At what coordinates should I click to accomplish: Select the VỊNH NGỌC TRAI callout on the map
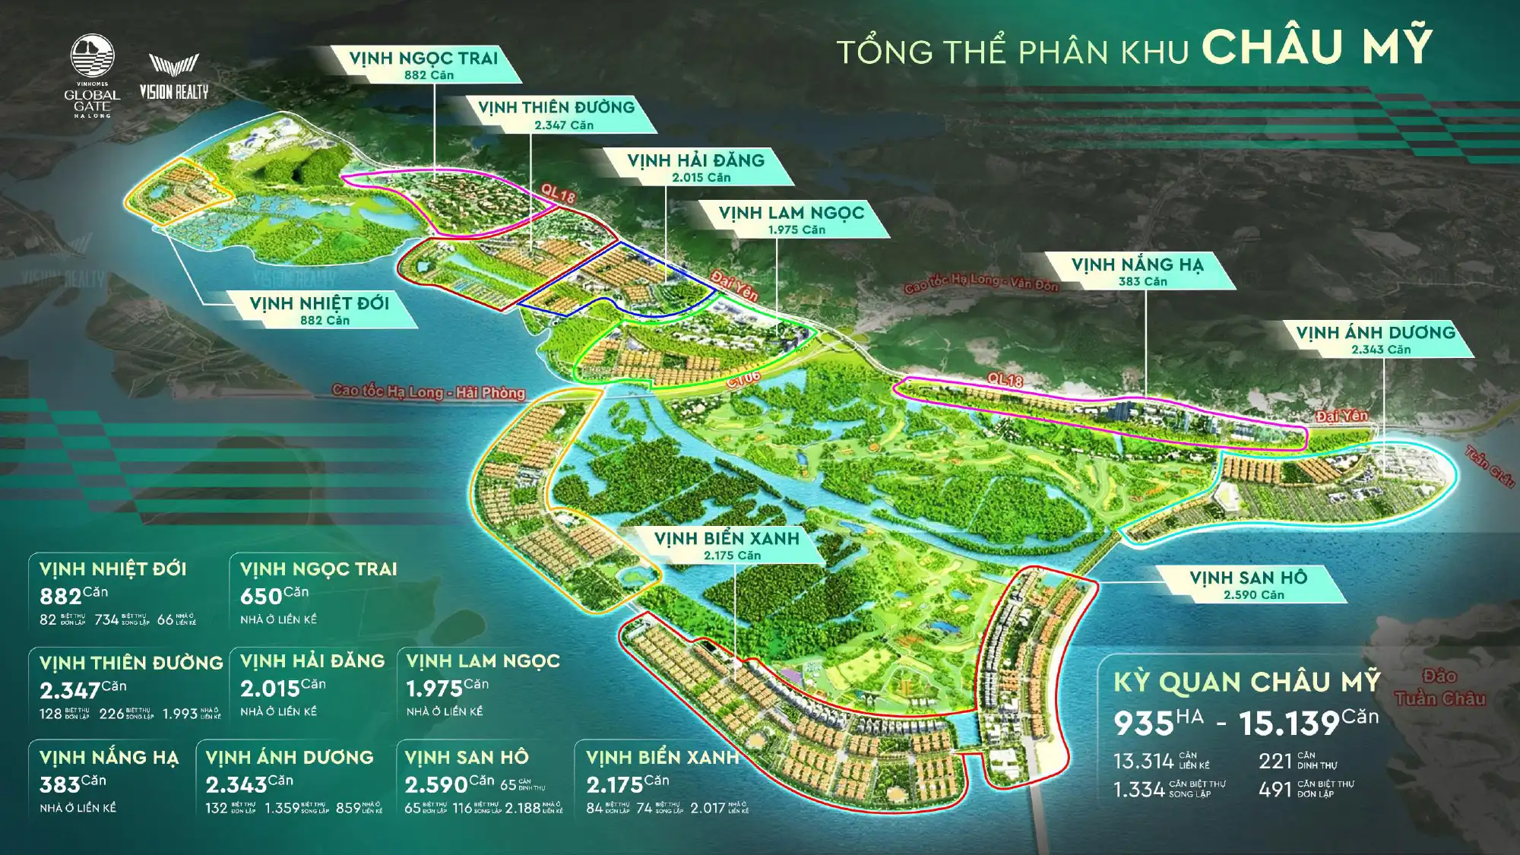pyautogui.click(x=424, y=64)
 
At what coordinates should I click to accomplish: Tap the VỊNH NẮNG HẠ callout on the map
pyautogui.click(x=1138, y=271)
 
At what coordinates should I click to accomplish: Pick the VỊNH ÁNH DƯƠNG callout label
pyautogui.click(x=1376, y=338)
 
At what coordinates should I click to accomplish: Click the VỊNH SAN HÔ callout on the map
pyautogui.click(x=1249, y=584)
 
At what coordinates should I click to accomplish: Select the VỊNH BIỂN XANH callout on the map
pyautogui.click(x=727, y=544)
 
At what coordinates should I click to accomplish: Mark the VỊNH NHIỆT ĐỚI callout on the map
pyautogui.click(x=320, y=309)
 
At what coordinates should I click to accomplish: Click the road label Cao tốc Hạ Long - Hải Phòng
pyautogui.click(x=429, y=391)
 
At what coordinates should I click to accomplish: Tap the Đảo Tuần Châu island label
pyautogui.click(x=1439, y=688)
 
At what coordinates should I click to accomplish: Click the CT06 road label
pyautogui.click(x=743, y=378)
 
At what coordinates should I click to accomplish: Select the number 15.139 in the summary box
pyautogui.click(x=1289, y=724)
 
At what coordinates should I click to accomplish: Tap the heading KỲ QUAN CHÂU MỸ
pyautogui.click(x=1246, y=682)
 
